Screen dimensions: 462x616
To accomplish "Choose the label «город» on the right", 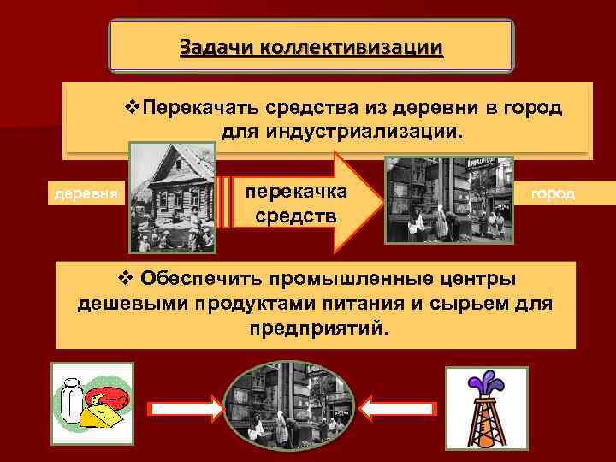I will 553,194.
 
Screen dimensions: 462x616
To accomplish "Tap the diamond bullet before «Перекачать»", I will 132,108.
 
